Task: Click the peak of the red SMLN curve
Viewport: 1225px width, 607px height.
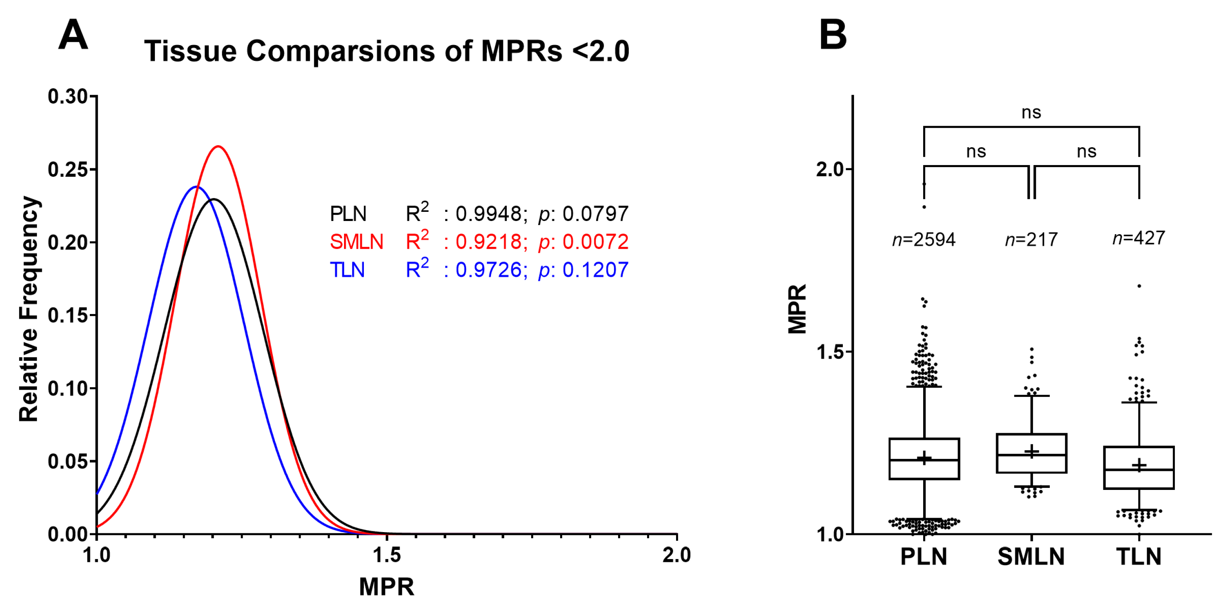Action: point(218,146)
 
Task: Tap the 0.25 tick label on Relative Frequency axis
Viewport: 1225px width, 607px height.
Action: point(67,170)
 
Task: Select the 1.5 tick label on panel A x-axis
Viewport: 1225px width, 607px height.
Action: point(387,555)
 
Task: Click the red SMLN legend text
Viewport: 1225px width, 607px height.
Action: point(356,242)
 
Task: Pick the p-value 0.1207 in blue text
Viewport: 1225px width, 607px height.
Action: point(595,270)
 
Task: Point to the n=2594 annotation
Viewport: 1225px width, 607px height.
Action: point(924,240)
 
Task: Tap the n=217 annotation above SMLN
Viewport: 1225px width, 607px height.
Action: point(1031,240)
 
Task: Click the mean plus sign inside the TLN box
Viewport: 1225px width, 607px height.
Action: point(1139,465)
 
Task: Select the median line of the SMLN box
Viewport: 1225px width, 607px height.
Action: point(1031,455)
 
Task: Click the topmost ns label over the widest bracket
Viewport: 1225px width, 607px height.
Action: point(1031,113)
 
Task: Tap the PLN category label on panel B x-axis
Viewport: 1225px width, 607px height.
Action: point(924,557)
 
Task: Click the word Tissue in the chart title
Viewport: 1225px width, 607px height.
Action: point(190,51)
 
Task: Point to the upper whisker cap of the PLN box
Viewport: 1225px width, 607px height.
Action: point(924,386)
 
